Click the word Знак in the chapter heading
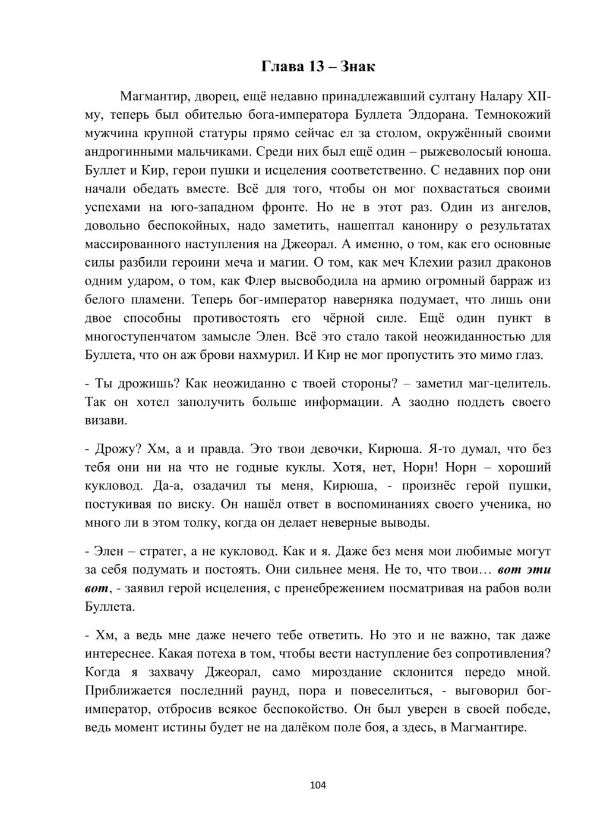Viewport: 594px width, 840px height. click(357, 67)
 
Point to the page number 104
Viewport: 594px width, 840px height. click(318, 785)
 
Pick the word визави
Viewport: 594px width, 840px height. click(106, 421)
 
